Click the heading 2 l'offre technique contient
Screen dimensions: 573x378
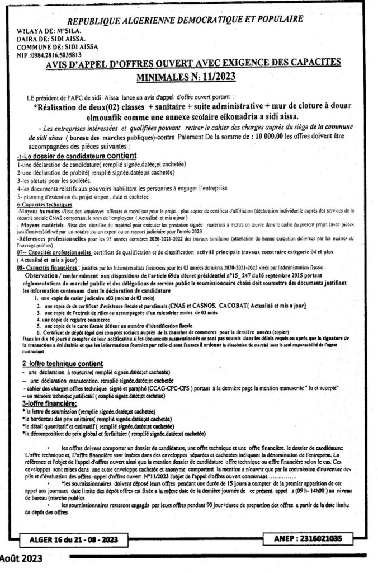pyautogui.click(x=65, y=364)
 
